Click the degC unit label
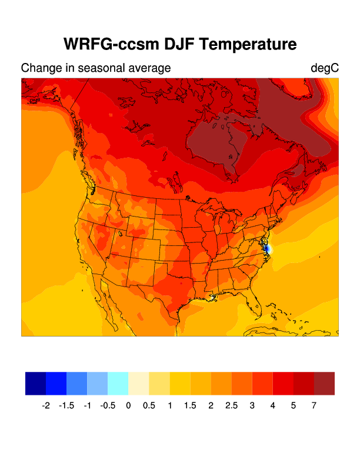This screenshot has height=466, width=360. click(x=325, y=68)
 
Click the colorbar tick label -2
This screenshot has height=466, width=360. click(x=46, y=406)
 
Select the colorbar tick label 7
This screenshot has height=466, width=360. click(x=314, y=406)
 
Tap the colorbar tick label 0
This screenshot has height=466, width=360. click(x=128, y=406)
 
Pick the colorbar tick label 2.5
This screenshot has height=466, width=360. click(x=231, y=406)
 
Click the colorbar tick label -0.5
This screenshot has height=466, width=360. click(x=108, y=406)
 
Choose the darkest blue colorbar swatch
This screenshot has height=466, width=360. click(x=35, y=383)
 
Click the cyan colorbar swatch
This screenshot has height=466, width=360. click(x=118, y=383)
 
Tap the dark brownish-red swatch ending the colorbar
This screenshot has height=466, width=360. click(x=324, y=383)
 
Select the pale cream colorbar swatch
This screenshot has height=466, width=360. click(x=138, y=383)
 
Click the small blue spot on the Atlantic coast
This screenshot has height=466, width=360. click(x=268, y=249)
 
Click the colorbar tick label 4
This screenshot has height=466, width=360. click(x=272, y=406)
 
